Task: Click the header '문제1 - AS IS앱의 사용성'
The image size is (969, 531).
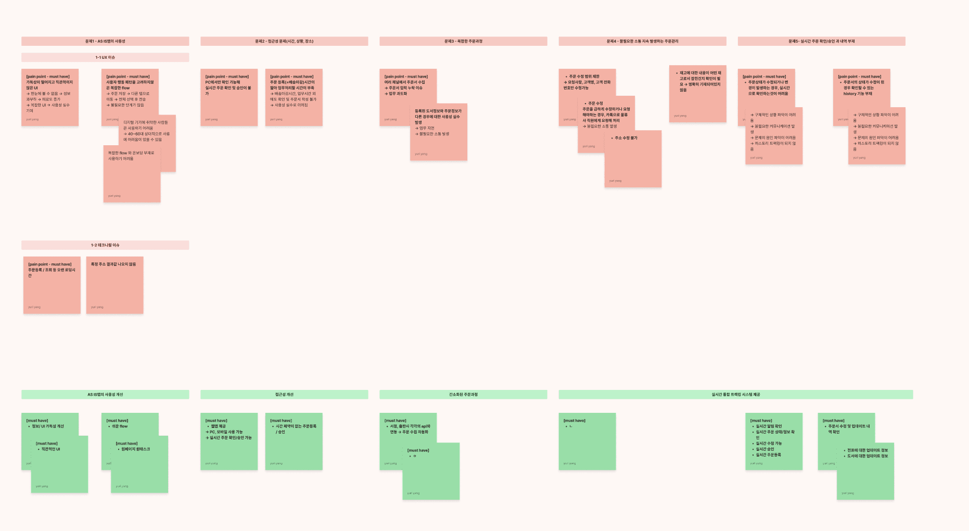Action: click(x=105, y=41)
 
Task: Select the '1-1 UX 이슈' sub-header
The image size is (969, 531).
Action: click(x=105, y=57)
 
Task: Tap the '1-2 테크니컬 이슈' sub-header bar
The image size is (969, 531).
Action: click(x=105, y=245)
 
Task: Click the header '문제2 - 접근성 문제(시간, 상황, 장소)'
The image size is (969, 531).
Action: click(x=284, y=41)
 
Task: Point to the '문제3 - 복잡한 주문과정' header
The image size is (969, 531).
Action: click(x=463, y=41)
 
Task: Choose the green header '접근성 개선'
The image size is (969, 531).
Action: click(x=284, y=395)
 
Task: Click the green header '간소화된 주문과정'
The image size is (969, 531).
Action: click(x=463, y=395)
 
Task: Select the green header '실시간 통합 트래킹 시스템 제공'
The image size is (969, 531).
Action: click(x=735, y=395)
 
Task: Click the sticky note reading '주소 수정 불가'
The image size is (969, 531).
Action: click(x=633, y=159)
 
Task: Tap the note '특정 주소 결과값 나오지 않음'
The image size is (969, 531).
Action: click(x=114, y=285)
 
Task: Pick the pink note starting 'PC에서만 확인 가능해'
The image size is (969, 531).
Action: click(x=229, y=97)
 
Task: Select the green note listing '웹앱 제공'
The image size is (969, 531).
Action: click(x=229, y=441)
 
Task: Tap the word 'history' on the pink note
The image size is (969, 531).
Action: click(x=850, y=94)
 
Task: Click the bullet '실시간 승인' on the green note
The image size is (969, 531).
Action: click(x=764, y=449)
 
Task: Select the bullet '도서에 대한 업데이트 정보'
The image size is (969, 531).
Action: click(x=867, y=456)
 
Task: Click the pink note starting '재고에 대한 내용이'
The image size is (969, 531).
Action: click(x=697, y=94)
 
